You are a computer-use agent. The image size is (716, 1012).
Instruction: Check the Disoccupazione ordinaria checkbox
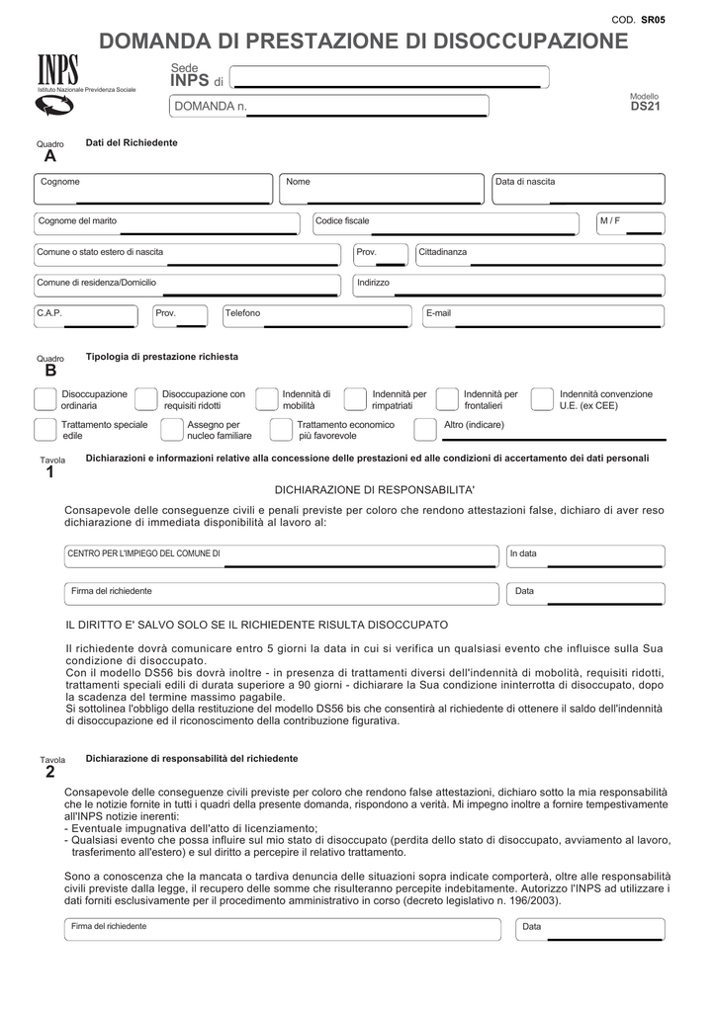(x=45, y=398)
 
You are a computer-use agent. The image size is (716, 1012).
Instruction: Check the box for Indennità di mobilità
(x=267, y=398)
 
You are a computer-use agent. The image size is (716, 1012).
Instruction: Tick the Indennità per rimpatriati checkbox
(x=356, y=398)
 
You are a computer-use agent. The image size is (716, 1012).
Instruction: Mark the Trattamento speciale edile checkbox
(x=45, y=429)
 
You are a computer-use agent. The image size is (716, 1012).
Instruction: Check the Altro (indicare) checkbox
(x=426, y=429)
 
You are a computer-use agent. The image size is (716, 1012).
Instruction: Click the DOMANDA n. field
(x=330, y=107)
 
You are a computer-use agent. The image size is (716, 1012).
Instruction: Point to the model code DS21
(x=644, y=106)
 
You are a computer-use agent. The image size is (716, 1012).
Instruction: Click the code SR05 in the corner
(x=653, y=20)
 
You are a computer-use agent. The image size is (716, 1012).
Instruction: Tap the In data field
(x=583, y=556)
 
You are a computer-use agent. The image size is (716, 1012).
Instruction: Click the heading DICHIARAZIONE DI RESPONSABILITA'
(x=374, y=490)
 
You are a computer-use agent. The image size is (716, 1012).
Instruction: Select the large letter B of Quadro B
(x=50, y=372)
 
